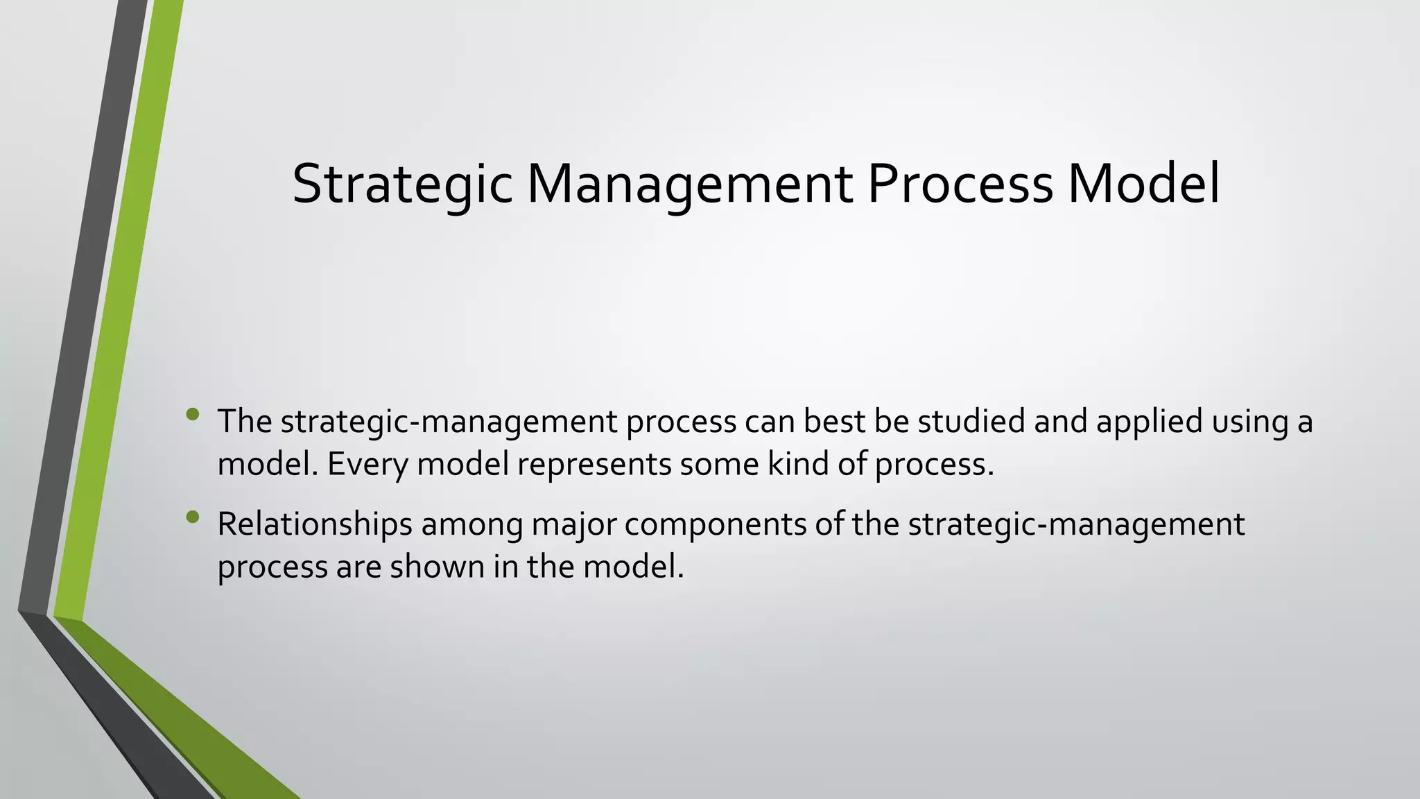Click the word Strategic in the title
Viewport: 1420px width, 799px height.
point(402,184)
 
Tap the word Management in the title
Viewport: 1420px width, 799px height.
point(690,184)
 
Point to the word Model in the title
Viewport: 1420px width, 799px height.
point(1144,184)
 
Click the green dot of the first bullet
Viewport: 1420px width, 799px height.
point(193,415)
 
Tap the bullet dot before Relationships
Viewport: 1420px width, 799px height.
point(193,517)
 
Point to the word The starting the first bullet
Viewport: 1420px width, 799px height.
point(245,421)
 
